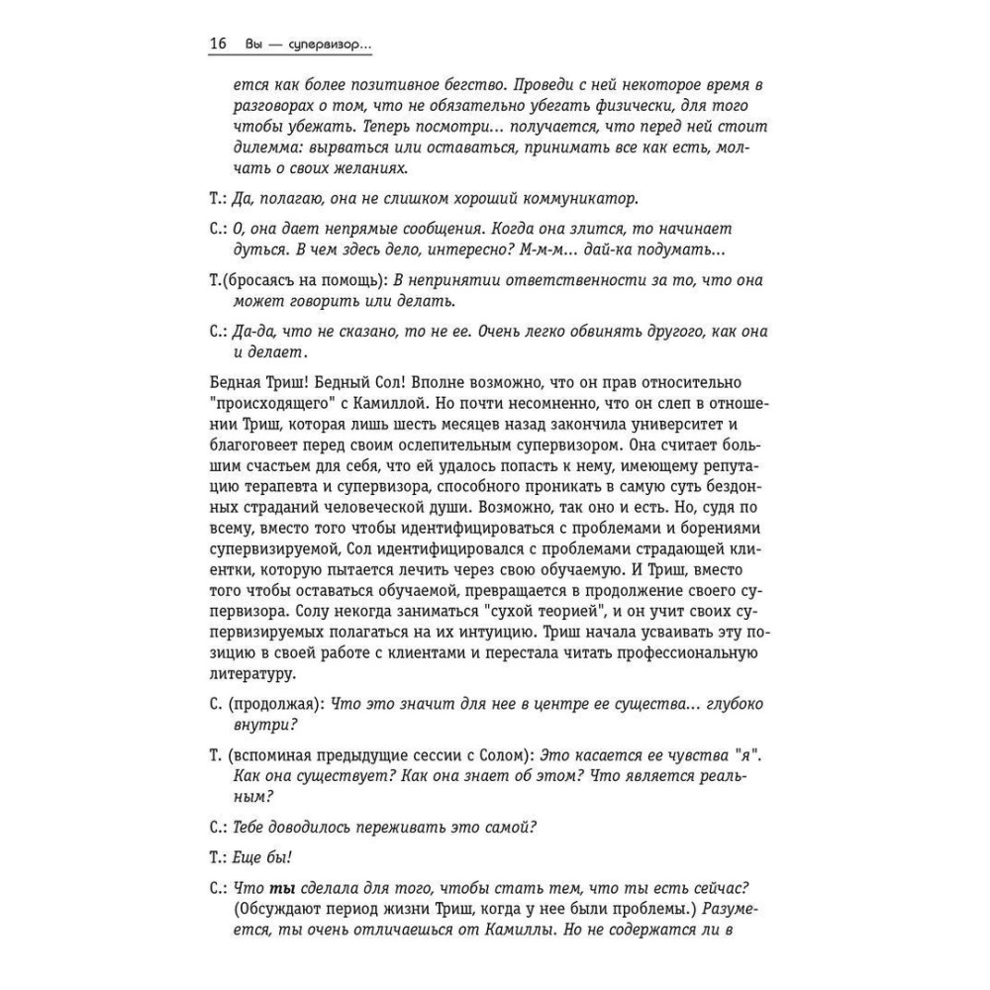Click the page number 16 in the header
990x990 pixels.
[x=219, y=46]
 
